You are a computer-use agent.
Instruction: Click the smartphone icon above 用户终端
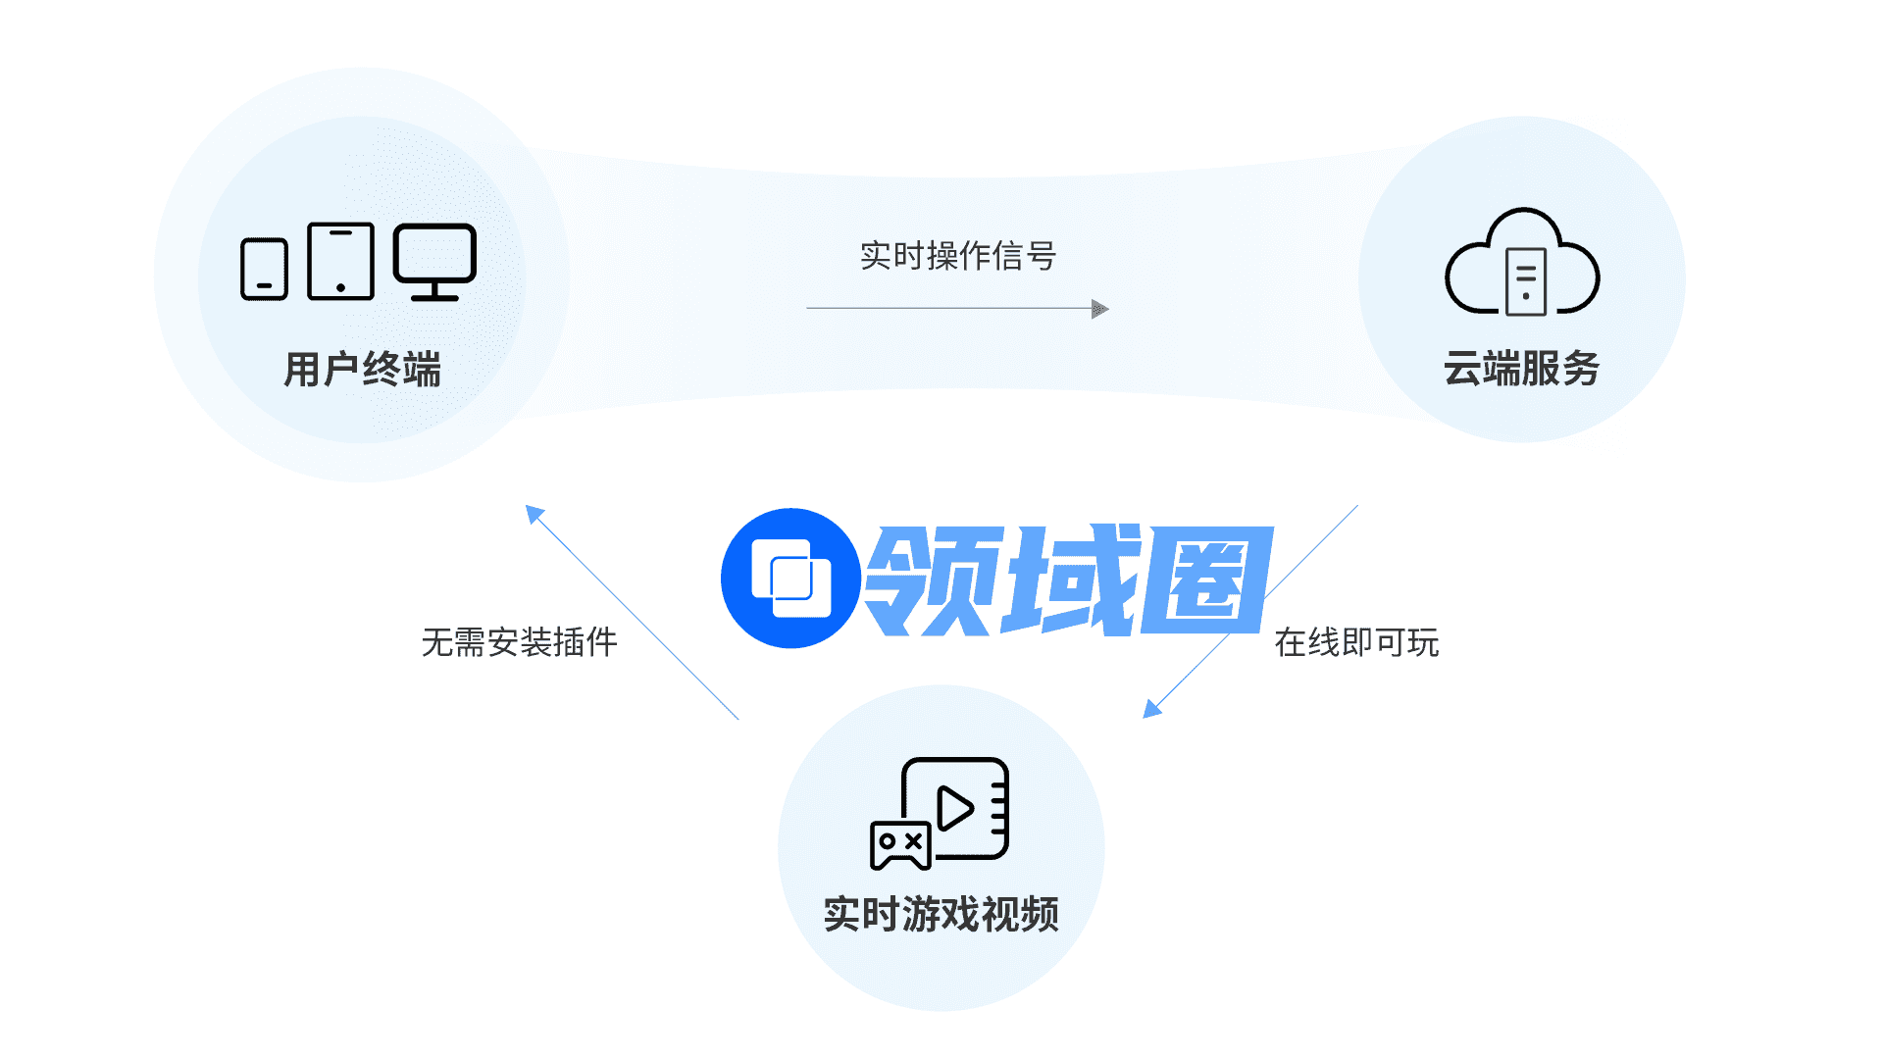pyautogui.click(x=264, y=269)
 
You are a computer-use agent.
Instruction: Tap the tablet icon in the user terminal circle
pyautogui.click(x=340, y=261)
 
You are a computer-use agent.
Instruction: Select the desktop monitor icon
pyautogui.click(x=434, y=261)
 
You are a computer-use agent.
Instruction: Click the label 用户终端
pyautogui.click(x=362, y=370)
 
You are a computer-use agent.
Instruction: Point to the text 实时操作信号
pyautogui.click(x=958, y=256)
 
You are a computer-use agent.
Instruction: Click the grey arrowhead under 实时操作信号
pyautogui.click(x=1100, y=309)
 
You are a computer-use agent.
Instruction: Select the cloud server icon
pyautogui.click(x=1522, y=262)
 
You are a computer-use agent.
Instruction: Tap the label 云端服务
pyautogui.click(x=1521, y=369)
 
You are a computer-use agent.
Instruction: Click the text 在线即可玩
pyautogui.click(x=1356, y=642)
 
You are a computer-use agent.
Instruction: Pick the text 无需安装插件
pyautogui.click(x=519, y=642)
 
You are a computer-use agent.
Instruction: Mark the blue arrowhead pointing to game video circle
pyautogui.click(x=1152, y=708)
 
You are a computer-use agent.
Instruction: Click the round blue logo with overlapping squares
pyautogui.click(x=790, y=579)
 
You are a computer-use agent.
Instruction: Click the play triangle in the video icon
pyautogui.click(x=954, y=808)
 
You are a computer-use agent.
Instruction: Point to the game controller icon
pyautogui.click(x=900, y=845)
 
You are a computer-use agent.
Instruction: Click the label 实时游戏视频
pyautogui.click(x=941, y=914)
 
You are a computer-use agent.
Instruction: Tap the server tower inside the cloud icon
pyautogui.click(x=1526, y=281)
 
